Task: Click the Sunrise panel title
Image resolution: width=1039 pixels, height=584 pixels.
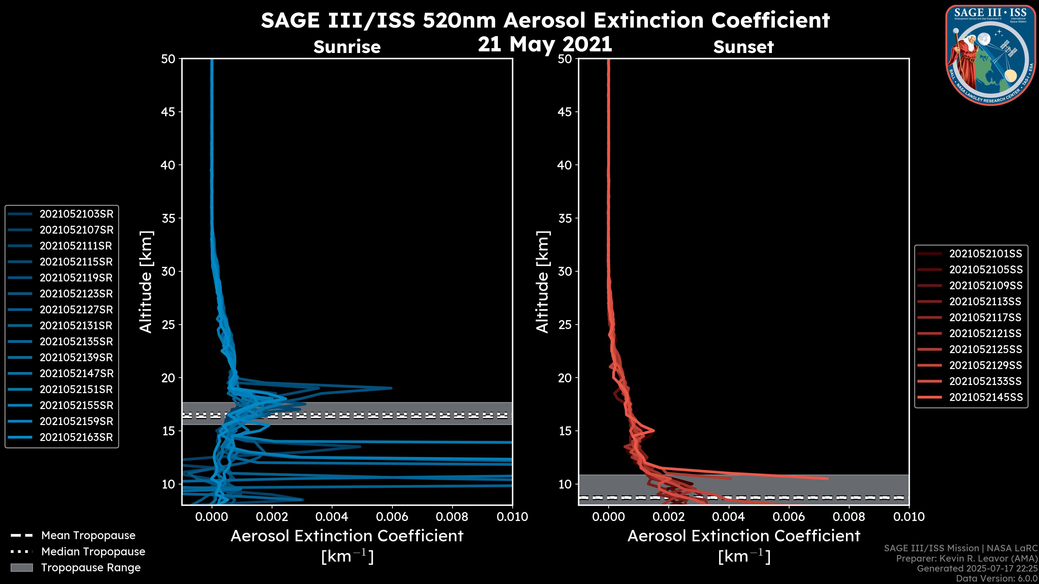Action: pos(347,47)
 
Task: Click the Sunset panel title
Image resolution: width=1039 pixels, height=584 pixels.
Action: pos(743,47)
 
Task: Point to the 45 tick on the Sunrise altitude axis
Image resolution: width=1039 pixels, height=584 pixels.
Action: pos(168,112)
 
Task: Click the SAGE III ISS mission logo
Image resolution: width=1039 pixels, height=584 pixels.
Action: pos(991,55)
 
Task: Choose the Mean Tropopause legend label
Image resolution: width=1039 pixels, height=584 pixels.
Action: pos(88,536)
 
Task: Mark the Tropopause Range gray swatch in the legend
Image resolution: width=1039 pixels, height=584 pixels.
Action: pos(21,568)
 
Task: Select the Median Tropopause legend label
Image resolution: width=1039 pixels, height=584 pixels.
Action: pos(93,552)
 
